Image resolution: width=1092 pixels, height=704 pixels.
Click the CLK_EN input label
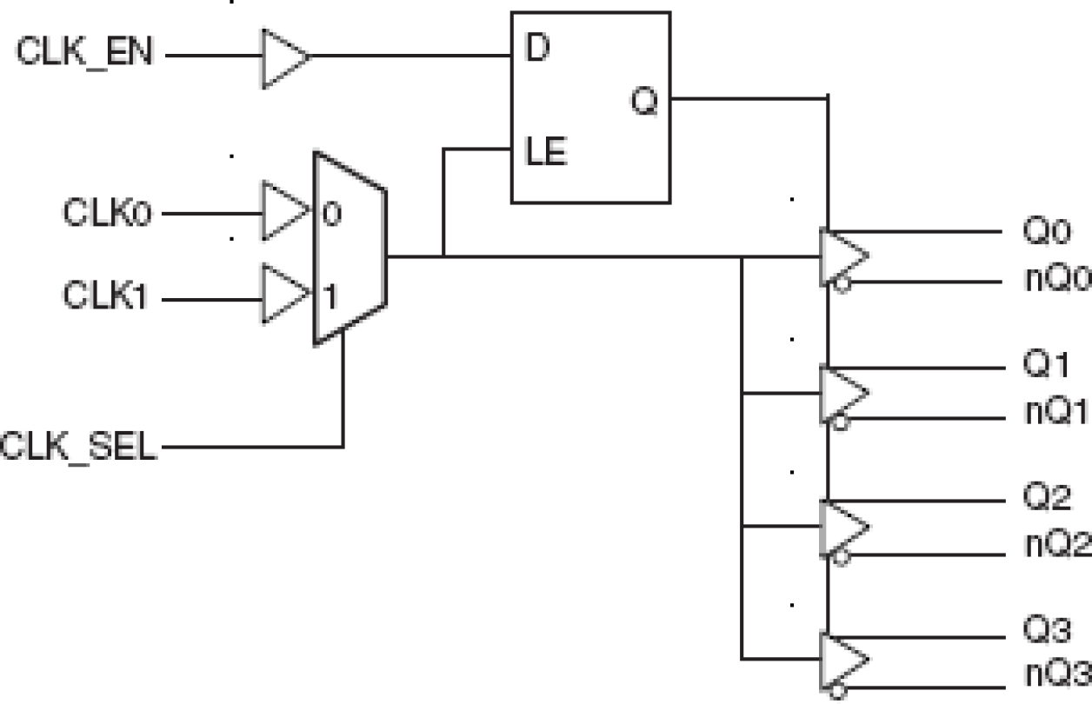[x=84, y=54]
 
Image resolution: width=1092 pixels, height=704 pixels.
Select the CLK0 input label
[x=107, y=212]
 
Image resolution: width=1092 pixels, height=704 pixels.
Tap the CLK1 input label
[x=107, y=297]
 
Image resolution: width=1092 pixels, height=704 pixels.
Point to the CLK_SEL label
[x=79, y=448]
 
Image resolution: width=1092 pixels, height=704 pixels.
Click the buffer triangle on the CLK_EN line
[x=283, y=57]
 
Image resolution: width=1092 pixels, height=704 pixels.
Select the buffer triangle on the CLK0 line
[x=283, y=211]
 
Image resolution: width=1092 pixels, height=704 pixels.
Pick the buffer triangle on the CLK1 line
[x=283, y=296]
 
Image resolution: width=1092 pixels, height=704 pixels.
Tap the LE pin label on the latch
[x=546, y=153]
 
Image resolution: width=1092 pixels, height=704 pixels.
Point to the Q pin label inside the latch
[x=644, y=102]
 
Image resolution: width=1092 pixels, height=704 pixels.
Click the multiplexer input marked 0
[x=332, y=214]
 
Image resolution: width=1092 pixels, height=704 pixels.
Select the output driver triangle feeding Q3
[x=842, y=661]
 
